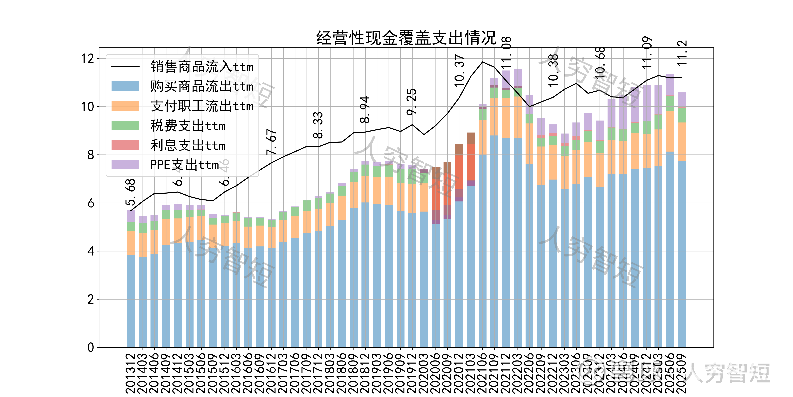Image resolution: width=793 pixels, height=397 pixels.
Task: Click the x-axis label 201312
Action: pyautogui.click(x=131, y=373)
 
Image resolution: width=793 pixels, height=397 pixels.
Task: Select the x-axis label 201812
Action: pyautogui.click(x=365, y=373)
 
